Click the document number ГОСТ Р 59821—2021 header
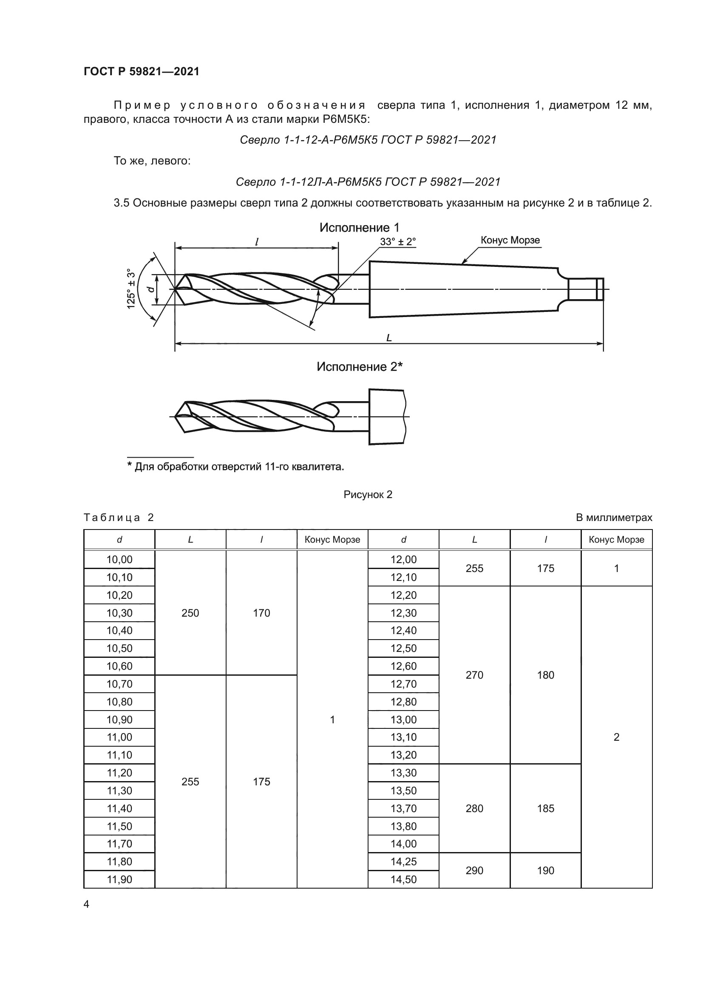tap(142, 71)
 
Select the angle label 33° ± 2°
tap(398, 241)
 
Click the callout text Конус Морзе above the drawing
tap(510, 240)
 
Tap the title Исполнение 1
tap(359, 227)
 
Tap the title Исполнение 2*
tap(359, 367)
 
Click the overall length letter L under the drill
tap(389, 338)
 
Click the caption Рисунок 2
tap(368, 494)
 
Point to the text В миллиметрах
tap(613, 518)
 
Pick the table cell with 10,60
tap(119, 666)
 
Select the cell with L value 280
tap(474, 808)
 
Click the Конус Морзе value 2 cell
tap(616, 737)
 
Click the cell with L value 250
tap(190, 613)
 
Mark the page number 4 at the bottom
tap(86, 904)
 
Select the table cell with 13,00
tap(403, 719)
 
